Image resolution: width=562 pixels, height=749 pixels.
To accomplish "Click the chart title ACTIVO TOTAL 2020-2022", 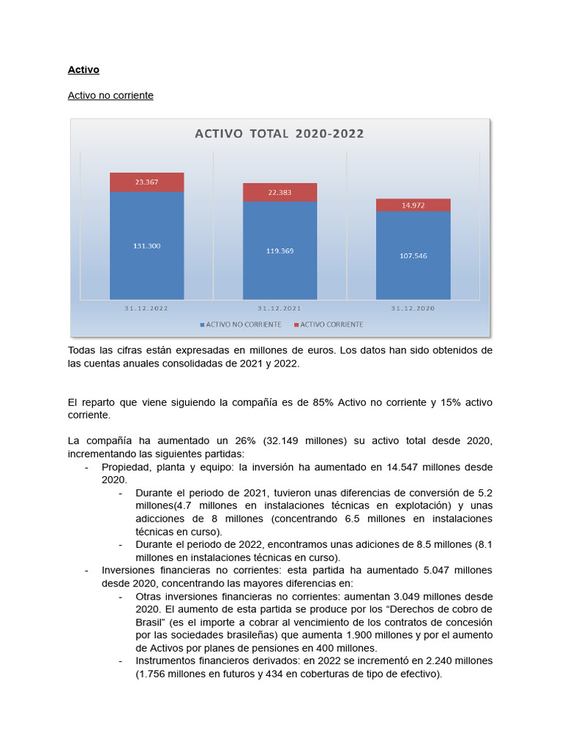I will pos(279,134).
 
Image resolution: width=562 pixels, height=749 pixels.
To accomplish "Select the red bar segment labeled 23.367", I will pos(147,182).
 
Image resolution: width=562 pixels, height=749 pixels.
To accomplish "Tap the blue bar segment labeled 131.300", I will pos(147,246).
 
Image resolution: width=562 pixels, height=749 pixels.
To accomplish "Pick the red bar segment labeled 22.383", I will pos(280,192).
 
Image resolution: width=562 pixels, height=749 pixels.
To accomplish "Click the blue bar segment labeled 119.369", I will pos(280,250).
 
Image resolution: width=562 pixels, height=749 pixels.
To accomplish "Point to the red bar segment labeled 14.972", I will pos(413,206).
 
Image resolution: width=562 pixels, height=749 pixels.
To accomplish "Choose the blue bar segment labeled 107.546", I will pos(413,255).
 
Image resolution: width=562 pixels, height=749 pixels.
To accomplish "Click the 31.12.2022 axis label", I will pos(146,308).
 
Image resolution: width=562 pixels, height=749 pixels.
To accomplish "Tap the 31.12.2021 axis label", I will pos(280,308).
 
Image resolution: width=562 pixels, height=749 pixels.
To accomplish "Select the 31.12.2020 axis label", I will pos(413,308).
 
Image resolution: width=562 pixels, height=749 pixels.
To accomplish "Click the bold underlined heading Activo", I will pos(83,69).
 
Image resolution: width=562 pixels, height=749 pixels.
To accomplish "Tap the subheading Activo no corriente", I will pos(110,95).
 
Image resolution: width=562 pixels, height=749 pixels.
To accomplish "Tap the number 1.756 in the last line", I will pos(154,674).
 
